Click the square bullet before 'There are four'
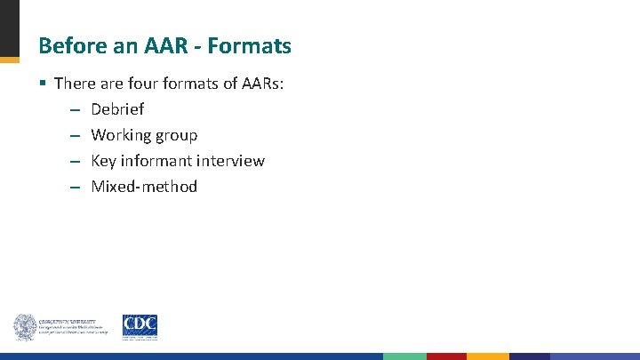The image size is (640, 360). point(43,84)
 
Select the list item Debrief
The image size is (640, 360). point(117,109)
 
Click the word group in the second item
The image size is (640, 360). point(176,136)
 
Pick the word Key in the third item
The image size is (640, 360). point(104,161)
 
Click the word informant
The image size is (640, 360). point(157,161)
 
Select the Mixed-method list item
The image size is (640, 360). point(144,187)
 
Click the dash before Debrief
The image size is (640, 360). point(74,110)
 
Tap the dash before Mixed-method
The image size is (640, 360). point(74,188)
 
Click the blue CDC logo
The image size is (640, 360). point(140,326)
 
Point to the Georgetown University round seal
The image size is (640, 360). point(24,327)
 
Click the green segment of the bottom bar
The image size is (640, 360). point(404,356)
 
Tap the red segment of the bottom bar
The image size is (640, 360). point(446,356)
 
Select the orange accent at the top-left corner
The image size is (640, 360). point(9,60)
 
